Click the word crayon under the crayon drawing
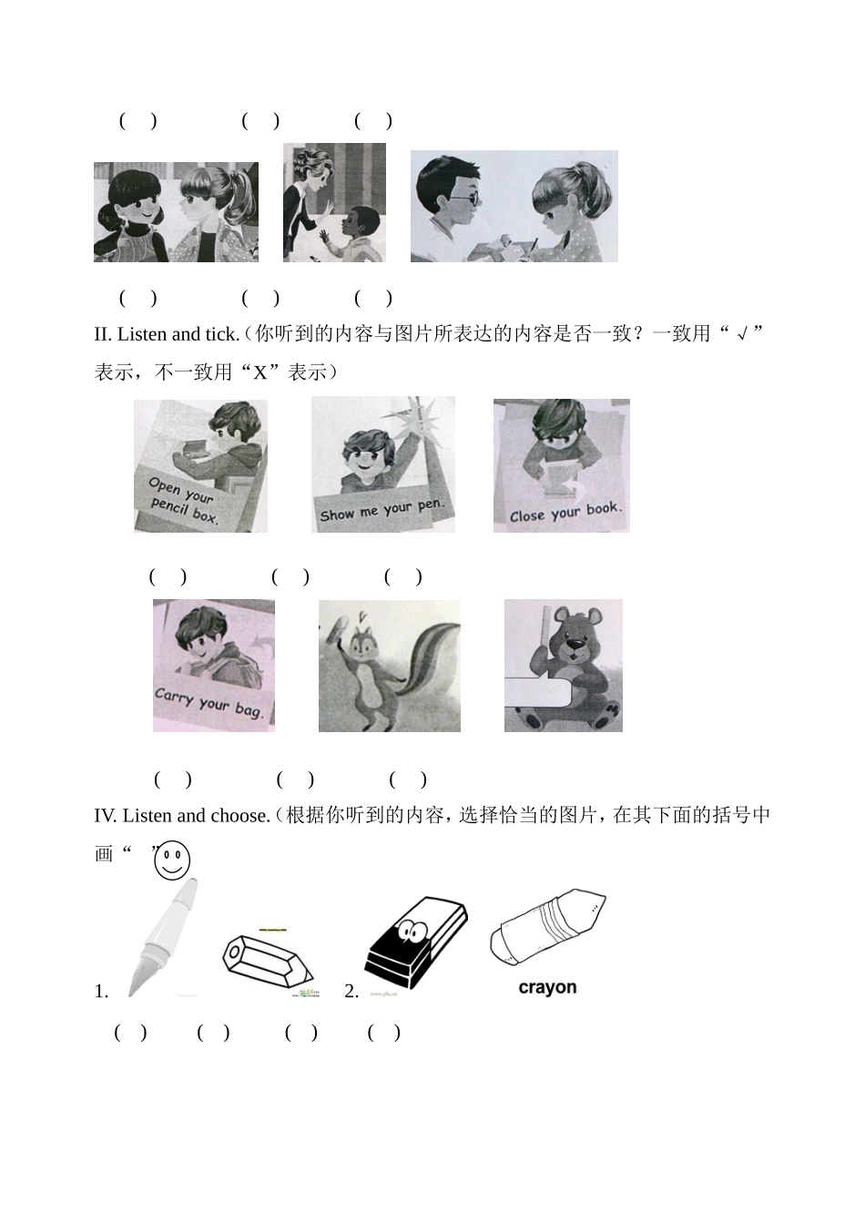[547, 987]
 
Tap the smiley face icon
[172, 860]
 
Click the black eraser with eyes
[415, 943]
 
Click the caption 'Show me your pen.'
[382, 511]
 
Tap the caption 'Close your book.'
[565, 513]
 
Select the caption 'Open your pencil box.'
[186, 501]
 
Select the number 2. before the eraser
[351, 992]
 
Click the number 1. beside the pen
[101, 992]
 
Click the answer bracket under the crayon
[384, 1033]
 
